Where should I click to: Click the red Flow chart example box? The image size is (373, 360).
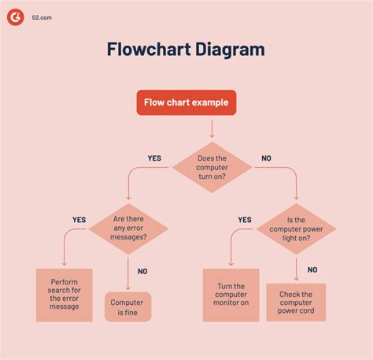(186, 103)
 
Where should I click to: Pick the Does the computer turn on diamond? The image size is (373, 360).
(212, 168)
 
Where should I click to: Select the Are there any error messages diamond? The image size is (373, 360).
(129, 228)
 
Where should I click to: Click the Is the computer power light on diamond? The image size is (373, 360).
(296, 228)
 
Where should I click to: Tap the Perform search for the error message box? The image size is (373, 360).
(65, 295)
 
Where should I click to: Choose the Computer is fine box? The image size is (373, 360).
(127, 306)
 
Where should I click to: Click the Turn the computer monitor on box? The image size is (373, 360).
(231, 295)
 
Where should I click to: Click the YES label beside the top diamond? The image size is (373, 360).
(154, 158)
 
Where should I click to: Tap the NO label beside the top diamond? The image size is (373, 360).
(266, 158)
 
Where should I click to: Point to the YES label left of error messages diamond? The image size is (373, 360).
(79, 220)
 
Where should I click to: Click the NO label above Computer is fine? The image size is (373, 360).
(142, 271)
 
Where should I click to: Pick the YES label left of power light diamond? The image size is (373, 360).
(245, 220)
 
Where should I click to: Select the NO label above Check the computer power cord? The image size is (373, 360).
(312, 269)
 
